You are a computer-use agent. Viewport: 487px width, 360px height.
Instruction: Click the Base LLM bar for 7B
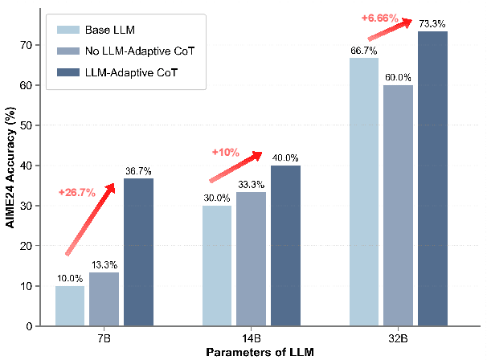(70, 306)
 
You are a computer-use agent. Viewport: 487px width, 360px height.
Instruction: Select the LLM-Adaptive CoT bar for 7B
(138, 252)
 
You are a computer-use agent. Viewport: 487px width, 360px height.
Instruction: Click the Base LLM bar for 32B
(363, 192)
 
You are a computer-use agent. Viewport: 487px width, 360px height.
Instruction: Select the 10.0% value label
(70, 279)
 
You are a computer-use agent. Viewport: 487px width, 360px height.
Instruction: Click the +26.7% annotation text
(78, 193)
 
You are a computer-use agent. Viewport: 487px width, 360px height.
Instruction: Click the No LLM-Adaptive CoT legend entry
(121, 51)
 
